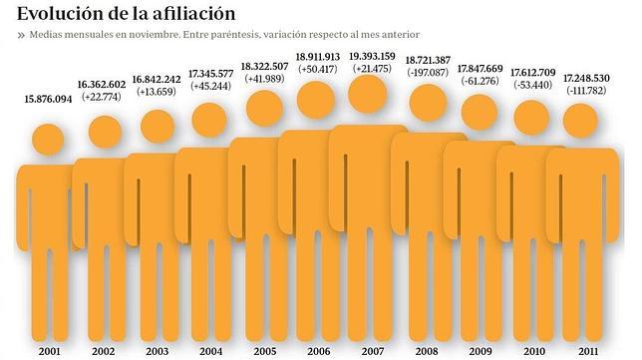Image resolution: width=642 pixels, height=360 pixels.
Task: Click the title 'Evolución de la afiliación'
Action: click(126, 13)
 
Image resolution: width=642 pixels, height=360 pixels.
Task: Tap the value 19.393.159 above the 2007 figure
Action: click(373, 56)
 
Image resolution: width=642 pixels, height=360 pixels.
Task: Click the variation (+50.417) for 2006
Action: click(319, 69)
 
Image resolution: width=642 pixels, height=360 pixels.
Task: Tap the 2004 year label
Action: click(211, 352)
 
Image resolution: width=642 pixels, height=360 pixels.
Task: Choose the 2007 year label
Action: click(372, 352)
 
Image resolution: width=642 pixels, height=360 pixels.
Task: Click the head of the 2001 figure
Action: click(50, 139)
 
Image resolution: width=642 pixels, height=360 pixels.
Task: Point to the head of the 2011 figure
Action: click(582, 121)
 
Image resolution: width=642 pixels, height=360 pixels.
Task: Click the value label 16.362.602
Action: click(102, 85)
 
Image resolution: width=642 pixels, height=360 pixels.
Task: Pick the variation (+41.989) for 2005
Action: click(265, 78)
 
